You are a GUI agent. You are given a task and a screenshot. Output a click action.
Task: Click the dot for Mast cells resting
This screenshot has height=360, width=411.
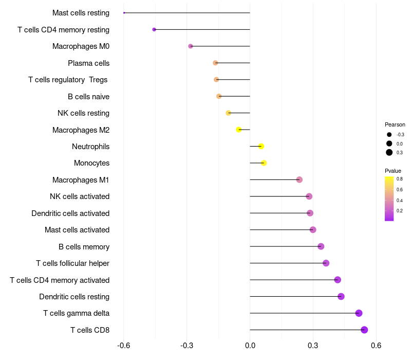point(124,13)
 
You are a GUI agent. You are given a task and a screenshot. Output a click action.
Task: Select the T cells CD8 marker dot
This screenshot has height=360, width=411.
point(364,330)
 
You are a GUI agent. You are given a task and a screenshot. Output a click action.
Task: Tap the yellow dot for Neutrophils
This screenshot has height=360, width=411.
point(261,147)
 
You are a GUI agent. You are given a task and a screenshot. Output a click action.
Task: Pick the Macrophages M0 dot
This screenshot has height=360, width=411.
point(191,46)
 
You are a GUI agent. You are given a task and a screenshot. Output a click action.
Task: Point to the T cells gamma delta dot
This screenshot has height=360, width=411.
point(359,313)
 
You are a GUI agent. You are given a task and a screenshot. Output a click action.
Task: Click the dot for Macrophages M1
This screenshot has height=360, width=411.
point(300,179)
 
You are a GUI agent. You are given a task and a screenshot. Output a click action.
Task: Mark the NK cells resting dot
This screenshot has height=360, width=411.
point(228,113)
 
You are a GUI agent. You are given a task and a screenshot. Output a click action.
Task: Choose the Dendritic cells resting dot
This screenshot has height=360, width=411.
point(341,297)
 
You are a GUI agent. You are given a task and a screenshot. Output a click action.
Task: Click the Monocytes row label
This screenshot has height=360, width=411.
point(91,163)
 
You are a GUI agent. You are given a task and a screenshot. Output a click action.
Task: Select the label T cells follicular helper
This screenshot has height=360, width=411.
point(72,263)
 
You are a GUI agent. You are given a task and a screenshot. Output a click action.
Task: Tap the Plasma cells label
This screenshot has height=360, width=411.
point(88,63)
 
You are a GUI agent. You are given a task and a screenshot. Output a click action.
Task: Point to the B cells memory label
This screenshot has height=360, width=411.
point(84,247)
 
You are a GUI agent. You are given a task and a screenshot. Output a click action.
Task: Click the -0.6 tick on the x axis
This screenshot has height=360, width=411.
point(124,345)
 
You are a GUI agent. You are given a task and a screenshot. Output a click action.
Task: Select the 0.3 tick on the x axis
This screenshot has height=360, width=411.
point(313,345)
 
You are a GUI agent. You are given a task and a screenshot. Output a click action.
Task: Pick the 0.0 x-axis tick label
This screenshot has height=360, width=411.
point(250,345)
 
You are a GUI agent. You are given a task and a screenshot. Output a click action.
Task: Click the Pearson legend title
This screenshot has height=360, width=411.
point(395,124)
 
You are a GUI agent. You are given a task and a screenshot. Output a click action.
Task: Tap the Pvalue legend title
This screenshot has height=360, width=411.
point(393,171)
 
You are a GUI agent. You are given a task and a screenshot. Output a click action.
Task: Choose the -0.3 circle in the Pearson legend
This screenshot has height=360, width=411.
point(389,135)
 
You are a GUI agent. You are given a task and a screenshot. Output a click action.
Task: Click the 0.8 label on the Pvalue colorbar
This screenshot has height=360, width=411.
point(400,179)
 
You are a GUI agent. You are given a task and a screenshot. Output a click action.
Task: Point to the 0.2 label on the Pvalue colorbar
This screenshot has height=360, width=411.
point(400,211)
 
